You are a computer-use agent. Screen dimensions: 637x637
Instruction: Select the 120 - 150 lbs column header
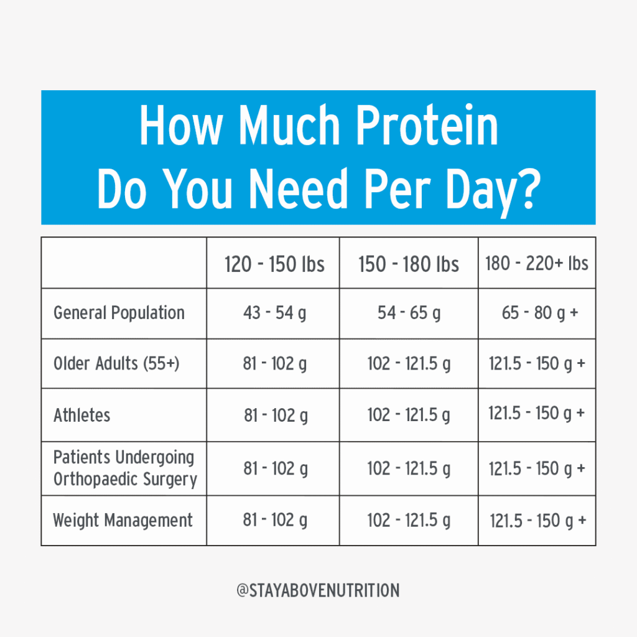click(x=274, y=264)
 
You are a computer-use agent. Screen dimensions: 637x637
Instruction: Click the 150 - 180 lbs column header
click(x=409, y=264)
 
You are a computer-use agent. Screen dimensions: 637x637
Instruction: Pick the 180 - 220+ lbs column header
click(x=536, y=264)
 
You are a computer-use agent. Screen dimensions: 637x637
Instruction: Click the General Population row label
click(x=119, y=313)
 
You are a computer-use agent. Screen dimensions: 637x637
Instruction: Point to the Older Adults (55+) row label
click(x=116, y=363)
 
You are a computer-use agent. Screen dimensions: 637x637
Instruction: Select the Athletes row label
click(x=81, y=415)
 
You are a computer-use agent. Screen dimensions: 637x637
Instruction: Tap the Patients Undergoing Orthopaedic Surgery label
click(x=125, y=468)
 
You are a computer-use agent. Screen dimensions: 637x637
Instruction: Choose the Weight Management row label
click(x=123, y=521)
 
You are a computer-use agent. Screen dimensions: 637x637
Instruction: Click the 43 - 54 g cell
click(x=274, y=314)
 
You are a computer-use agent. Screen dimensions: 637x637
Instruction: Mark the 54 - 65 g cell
click(x=409, y=314)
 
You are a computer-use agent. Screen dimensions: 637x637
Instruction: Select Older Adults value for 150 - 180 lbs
click(x=409, y=364)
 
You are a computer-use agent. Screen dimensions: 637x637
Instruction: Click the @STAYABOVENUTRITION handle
click(x=318, y=590)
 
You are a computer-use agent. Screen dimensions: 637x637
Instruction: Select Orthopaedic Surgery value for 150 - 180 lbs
click(x=409, y=468)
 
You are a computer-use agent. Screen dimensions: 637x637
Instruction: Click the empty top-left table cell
click(x=124, y=263)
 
